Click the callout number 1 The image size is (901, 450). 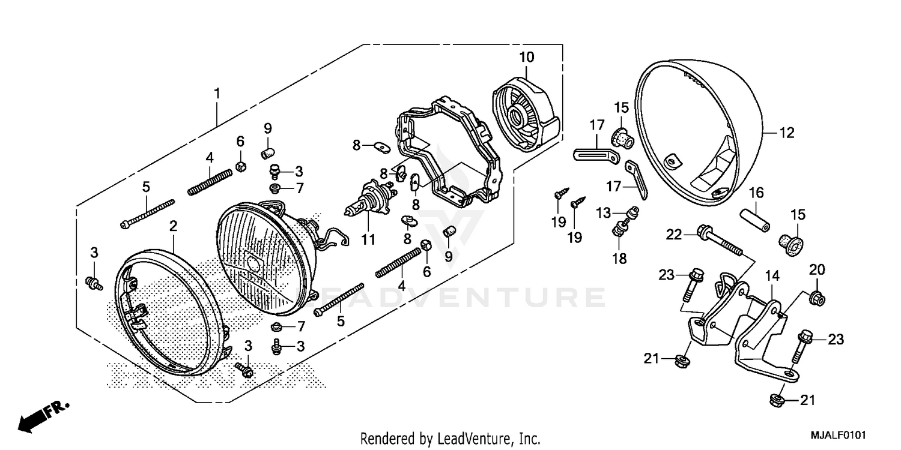click(x=217, y=94)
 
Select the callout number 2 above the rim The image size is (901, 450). click(x=173, y=226)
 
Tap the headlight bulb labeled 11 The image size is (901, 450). click(x=367, y=203)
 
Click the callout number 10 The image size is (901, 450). click(x=526, y=58)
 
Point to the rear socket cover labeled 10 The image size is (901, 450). click(x=525, y=114)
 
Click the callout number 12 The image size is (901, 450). click(x=787, y=133)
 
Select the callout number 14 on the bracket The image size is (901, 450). click(x=772, y=277)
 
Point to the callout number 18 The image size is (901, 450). click(x=619, y=259)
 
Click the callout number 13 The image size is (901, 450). click(x=603, y=212)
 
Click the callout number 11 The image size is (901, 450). click(x=368, y=239)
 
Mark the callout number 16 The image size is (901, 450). click(x=756, y=192)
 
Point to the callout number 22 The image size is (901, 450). click(x=674, y=235)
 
